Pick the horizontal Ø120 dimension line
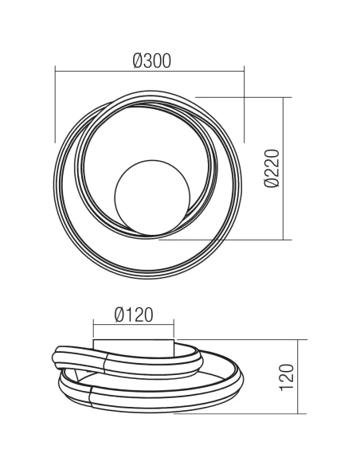coord(134,325)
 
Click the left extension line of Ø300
coord(54,104)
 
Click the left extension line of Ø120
coord(93,330)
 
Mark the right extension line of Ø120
coord(174,330)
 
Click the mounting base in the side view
coord(134,343)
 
